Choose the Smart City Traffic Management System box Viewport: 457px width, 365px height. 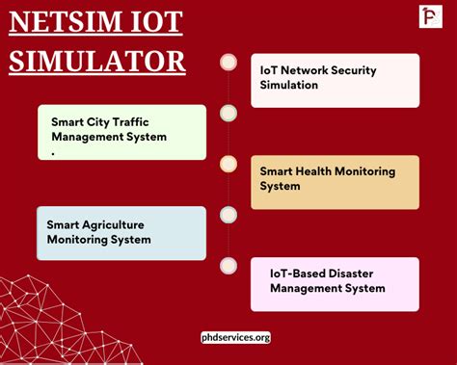(x=121, y=132)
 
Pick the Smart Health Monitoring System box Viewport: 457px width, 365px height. (x=335, y=181)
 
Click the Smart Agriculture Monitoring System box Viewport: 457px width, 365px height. (x=121, y=232)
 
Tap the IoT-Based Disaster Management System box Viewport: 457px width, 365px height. (x=335, y=283)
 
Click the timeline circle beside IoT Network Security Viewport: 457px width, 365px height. (x=228, y=62)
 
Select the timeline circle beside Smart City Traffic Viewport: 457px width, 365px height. (x=228, y=113)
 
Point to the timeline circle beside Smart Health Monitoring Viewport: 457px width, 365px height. (x=228, y=164)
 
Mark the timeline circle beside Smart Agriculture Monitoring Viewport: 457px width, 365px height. (x=228, y=214)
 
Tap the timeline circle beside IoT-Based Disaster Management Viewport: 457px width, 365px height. (x=228, y=265)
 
